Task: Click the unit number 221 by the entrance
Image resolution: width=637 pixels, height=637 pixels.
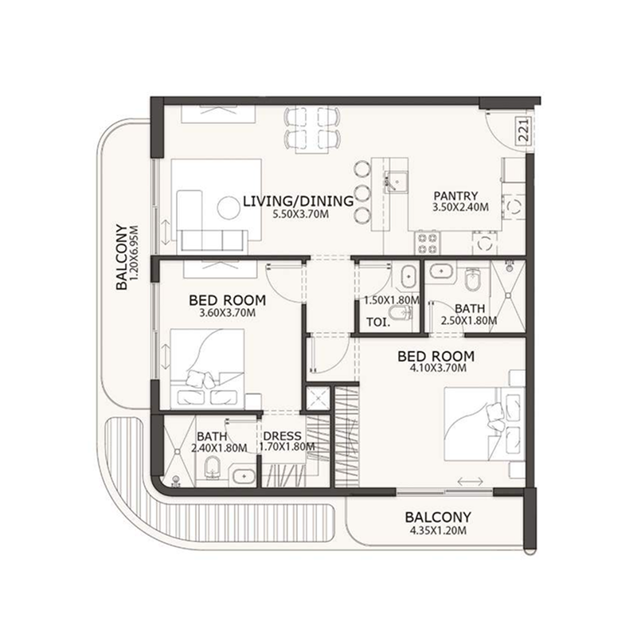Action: click(524, 130)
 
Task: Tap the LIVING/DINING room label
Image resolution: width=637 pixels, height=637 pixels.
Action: click(298, 201)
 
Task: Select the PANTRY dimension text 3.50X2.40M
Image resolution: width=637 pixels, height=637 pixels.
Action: click(460, 207)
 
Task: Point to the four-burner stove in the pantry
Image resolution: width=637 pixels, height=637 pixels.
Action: click(427, 243)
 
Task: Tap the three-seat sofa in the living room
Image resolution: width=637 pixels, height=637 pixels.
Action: click(213, 240)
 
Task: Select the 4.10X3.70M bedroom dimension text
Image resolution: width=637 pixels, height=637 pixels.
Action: click(437, 368)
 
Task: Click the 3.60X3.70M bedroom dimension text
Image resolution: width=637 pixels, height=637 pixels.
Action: click(227, 313)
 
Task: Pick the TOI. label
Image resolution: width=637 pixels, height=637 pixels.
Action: click(378, 322)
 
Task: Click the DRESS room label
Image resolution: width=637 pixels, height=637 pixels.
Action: click(283, 436)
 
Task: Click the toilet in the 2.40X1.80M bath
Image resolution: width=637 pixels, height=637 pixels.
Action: click(212, 467)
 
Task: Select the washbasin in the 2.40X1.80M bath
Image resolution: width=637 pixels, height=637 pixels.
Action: click(244, 475)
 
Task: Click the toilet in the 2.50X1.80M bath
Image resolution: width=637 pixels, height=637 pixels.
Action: click(472, 279)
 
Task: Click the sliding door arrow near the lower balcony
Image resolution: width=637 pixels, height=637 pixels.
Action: click(470, 482)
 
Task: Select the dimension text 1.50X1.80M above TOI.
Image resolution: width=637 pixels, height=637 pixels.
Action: click(392, 300)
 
